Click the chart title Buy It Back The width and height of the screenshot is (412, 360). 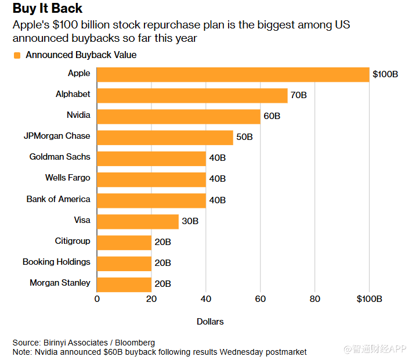[x=48, y=9]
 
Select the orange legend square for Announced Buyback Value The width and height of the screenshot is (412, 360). [x=17, y=55]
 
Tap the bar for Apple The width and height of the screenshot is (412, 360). [x=233, y=74]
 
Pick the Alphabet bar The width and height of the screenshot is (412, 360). [x=192, y=95]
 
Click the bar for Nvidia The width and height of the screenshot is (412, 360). [x=178, y=116]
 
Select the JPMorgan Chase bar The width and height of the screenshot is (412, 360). [x=165, y=137]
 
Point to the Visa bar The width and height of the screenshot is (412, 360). [x=138, y=221]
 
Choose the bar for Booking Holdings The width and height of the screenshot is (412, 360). [x=124, y=263]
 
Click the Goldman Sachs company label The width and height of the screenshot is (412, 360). [x=60, y=157]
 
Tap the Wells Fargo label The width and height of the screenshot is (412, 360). [x=67, y=178]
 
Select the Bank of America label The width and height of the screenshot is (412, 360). [x=58, y=199]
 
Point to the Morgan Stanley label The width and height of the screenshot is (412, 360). [x=60, y=283]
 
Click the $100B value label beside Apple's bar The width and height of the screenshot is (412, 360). [x=385, y=74]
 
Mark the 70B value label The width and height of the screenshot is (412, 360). [x=298, y=95]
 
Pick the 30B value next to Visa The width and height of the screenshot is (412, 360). [x=190, y=221]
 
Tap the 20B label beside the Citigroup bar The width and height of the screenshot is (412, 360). [x=162, y=242]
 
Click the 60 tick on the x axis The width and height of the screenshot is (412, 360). [x=260, y=299]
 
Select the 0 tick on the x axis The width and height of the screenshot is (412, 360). [x=97, y=299]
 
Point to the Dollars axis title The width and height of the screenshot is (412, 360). [x=210, y=321]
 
